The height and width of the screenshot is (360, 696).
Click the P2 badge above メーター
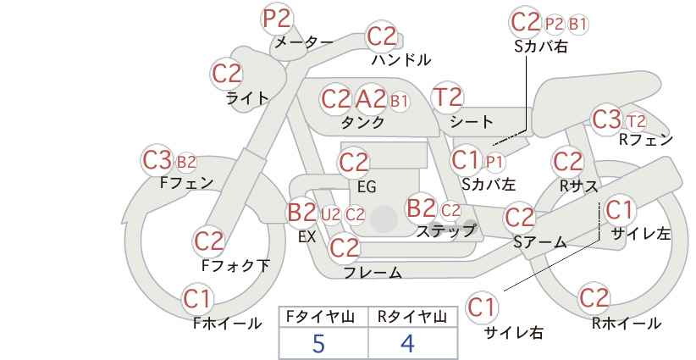click(x=277, y=19)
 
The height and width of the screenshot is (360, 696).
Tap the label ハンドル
click(x=401, y=59)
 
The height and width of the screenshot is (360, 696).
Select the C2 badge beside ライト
click(x=226, y=74)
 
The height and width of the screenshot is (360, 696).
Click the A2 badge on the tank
click(x=371, y=99)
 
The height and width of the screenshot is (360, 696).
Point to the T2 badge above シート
click(x=447, y=97)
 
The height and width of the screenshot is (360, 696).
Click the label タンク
click(x=362, y=122)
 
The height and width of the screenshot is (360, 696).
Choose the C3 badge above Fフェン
click(x=157, y=160)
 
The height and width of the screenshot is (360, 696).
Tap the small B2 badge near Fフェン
click(x=186, y=162)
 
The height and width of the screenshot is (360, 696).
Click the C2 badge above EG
click(x=354, y=163)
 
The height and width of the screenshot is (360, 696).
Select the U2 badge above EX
click(x=331, y=215)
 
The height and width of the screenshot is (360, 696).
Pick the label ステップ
click(x=446, y=231)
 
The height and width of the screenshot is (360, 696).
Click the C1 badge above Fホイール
click(x=197, y=299)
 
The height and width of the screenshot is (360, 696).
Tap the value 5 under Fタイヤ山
click(x=318, y=343)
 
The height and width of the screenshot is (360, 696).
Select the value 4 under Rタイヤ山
click(x=407, y=343)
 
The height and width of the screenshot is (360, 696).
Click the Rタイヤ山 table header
click(x=412, y=317)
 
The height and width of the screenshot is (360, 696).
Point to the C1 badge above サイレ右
click(x=482, y=307)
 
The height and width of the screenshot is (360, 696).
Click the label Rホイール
click(x=627, y=324)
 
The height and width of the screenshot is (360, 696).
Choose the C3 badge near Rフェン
click(x=607, y=119)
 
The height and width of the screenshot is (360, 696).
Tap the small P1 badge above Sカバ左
click(x=493, y=162)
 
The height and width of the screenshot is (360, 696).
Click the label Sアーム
click(x=540, y=242)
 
